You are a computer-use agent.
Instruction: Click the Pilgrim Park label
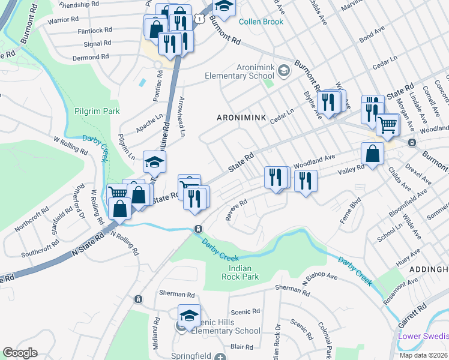pyautogui.click(x=97, y=111)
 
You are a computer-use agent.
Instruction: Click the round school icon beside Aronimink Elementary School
pyautogui.click(x=284, y=71)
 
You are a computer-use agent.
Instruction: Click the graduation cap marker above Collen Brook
pyautogui.click(x=224, y=6)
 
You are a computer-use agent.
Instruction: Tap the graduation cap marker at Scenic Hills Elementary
pyautogui.click(x=189, y=316)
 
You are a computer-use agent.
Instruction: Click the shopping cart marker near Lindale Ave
pyautogui.click(x=387, y=125)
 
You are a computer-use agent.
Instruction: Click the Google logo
pyautogui.click(x=20, y=353)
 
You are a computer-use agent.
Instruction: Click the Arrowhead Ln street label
pyautogui.click(x=181, y=116)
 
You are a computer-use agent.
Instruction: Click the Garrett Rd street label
pyautogui.click(x=414, y=314)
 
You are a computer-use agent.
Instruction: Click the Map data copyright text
pyautogui.click(x=423, y=355)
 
